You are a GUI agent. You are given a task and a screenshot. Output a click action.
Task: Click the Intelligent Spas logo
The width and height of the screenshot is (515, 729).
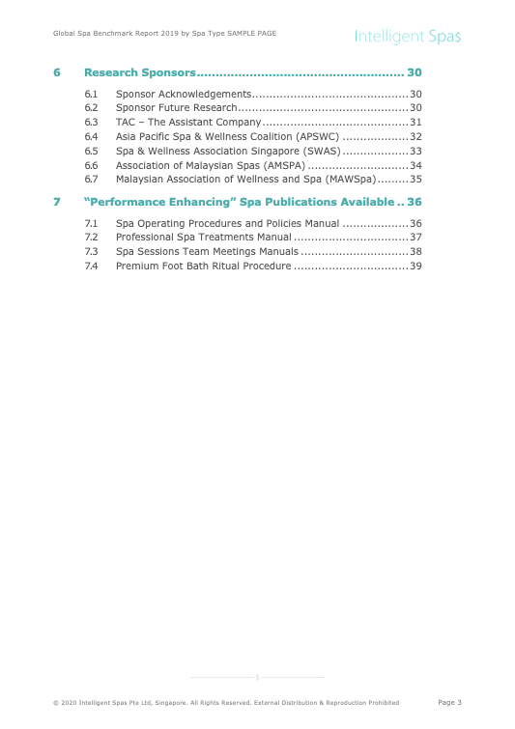[407, 36]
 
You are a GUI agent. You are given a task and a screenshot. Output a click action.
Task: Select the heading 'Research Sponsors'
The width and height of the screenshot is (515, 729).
[140, 72]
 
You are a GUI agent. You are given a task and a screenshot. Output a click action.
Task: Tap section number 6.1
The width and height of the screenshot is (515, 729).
[91, 94]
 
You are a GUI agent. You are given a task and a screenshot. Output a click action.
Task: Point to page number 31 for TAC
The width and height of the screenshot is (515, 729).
[415, 123]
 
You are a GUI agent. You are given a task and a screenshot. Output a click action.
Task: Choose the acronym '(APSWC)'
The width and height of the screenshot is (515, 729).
[315, 136]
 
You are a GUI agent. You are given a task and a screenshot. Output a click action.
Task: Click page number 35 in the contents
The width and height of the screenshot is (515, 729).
[415, 179]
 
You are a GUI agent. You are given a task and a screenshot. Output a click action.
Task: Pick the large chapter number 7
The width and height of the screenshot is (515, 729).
[57, 202]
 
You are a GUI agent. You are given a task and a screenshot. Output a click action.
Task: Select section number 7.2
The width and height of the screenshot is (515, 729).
[91, 237]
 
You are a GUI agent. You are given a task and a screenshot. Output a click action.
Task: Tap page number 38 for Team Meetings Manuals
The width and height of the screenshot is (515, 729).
[415, 251]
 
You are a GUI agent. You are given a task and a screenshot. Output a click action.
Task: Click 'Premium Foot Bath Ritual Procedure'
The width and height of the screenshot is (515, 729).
[203, 266]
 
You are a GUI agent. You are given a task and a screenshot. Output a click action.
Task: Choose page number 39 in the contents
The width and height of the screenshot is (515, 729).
[415, 266]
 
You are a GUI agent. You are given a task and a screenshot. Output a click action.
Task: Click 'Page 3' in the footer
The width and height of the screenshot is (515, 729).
[449, 702]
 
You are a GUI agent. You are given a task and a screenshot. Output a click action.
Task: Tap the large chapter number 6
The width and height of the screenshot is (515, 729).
[57, 72]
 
